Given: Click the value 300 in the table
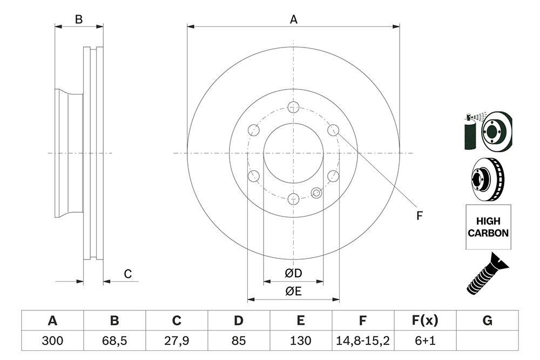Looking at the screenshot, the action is click(x=52, y=341).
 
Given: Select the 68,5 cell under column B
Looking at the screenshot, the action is click(x=114, y=341).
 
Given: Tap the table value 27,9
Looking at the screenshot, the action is click(x=177, y=341).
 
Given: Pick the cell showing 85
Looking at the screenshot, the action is click(x=238, y=341).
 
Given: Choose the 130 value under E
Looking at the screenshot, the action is click(x=301, y=341).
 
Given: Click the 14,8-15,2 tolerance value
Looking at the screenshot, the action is click(x=363, y=341).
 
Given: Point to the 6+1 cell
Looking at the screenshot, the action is click(x=425, y=341).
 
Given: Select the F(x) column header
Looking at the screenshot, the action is click(x=425, y=321).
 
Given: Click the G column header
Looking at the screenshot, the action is click(x=487, y=321).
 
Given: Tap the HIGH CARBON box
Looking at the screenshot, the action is click(x=488, y=227).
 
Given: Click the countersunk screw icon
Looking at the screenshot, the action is click(x=487, y=273).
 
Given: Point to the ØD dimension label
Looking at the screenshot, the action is click(x=293, y=273).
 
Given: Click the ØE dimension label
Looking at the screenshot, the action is click(x=293, y=291).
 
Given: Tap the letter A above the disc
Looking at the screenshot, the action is click(x=293, y=19).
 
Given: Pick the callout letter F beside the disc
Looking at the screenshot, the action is click(x=419, y=216).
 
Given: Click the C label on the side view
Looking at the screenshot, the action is click(x=128, y=274).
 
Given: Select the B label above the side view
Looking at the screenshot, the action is click(x=79, y=19).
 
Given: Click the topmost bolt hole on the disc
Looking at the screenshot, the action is click(x=293, y=107).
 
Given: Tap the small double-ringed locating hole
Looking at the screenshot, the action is click(x=316, y=193).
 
